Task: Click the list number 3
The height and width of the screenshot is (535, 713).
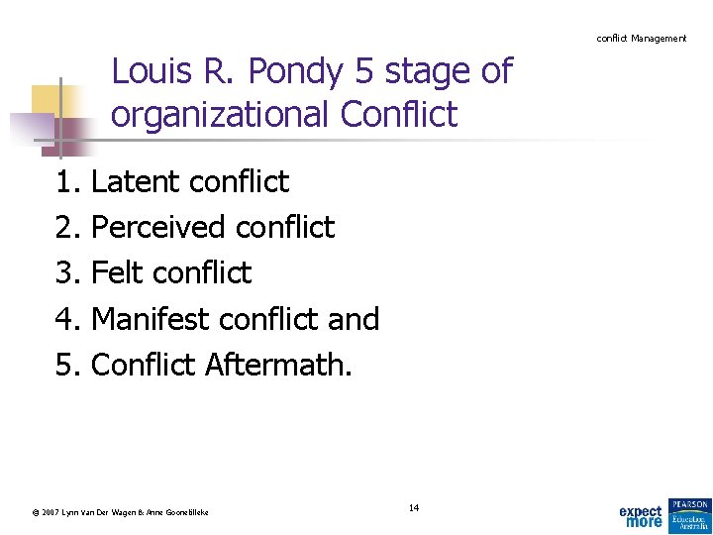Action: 66,273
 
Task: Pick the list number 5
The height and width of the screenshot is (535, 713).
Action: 66,365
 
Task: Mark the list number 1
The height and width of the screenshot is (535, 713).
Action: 66,182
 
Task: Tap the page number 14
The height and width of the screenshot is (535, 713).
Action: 414,508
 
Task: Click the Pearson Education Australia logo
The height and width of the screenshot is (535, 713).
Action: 689,512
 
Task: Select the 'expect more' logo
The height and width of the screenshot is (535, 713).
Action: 641,516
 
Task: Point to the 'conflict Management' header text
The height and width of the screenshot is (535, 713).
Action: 641,38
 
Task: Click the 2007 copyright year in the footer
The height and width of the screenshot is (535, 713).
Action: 50,512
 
